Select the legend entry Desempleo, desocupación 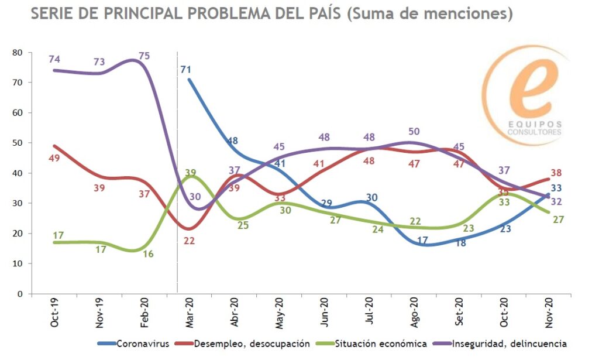tap(252, 343)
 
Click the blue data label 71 tap(186, 70)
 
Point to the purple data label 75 tap(144, 56)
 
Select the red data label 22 tap(188, 240)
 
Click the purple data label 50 tap(414, 132)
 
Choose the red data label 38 tap(556, 173)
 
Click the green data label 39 tap(190, 172)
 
